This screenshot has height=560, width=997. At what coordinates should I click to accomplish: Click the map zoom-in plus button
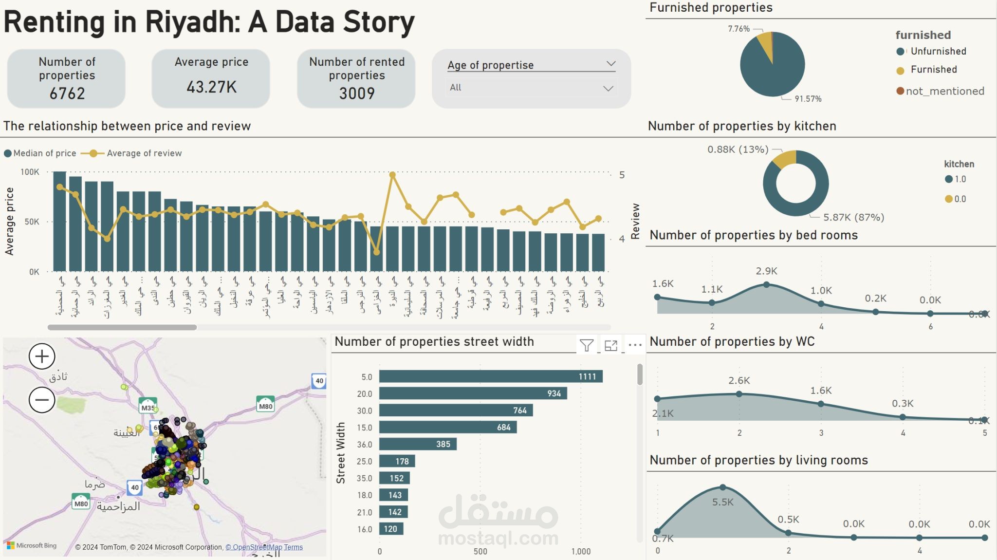(42, 356)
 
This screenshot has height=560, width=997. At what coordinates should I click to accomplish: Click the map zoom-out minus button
(42, 400)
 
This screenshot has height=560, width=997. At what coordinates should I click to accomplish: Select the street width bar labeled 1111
(491, 376)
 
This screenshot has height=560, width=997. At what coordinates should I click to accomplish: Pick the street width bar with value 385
(418, 444)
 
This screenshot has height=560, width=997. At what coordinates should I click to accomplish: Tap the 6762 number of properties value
(67, 93)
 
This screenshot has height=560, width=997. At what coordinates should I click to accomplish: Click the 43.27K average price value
(211, 87)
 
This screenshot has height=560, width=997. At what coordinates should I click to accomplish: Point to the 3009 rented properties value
(357, 93)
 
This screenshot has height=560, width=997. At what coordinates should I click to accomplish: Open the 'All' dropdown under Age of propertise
(531, 88)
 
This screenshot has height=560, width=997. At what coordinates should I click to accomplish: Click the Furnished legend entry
(933, 70)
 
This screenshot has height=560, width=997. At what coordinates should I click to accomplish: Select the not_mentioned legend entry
(944, 91)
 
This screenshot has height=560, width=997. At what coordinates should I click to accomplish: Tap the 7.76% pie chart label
(739, 29)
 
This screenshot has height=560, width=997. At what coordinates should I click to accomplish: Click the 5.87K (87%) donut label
(853, 217)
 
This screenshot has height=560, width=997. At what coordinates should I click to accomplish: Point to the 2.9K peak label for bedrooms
(766, 271)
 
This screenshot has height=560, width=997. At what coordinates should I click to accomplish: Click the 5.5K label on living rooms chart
(722, 502)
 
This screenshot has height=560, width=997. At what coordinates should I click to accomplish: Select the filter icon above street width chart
(587, 345)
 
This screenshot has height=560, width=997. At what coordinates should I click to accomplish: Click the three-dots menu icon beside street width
(635, 345)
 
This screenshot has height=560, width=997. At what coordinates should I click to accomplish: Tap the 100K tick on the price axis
(30, 172)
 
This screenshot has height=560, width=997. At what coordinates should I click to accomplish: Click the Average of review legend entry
(144, 153)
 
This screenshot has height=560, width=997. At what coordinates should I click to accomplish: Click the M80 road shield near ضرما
(81, 503)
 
